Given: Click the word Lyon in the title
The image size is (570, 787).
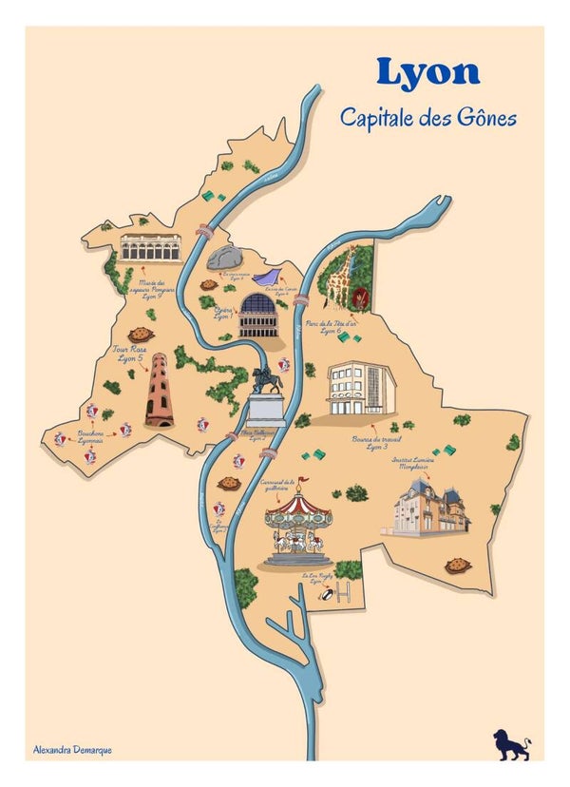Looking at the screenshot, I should [x=427, y=72].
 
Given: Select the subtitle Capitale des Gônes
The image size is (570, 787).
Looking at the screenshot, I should [x=428, y=118].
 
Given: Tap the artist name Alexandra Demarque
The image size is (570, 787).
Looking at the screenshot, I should [x=71, y=751].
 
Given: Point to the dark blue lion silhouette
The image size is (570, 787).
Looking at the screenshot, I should [x=510, y=743].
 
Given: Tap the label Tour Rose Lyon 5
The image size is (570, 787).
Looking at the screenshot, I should [x=129, y=354].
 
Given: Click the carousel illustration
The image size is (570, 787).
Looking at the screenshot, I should [x=298, y=528].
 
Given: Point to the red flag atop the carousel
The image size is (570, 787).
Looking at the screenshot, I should [x=304, y=481].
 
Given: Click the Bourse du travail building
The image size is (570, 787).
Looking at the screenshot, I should [x=361, y=388].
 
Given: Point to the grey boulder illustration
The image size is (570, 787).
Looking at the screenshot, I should [x=225, y=258].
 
